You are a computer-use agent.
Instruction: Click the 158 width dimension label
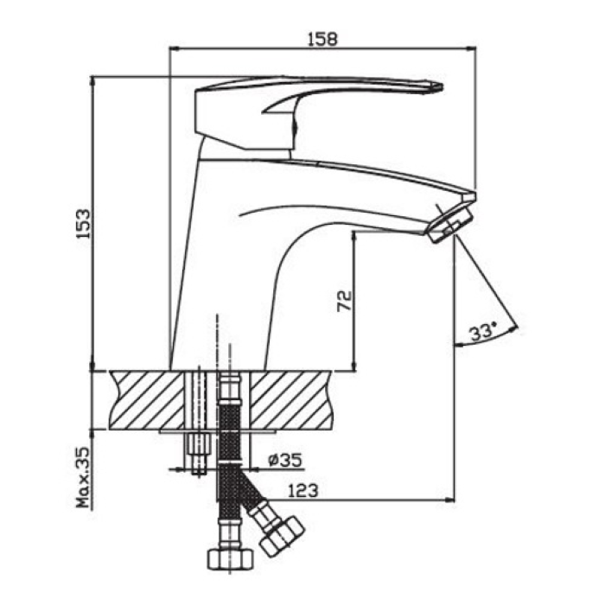pyautogui.click(x=322, y=39)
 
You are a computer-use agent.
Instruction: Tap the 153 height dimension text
pyautogui.click(x=83, y=224)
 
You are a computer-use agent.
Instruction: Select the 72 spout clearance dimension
pyautogui.click(x=345, y=301)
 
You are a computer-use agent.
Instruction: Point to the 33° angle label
pyautogui.click(x=482, y=331)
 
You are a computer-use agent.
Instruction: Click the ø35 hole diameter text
pyautogui.click(x=285, y=460)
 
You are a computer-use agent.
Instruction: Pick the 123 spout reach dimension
pyautogui.click(x=303, y=490)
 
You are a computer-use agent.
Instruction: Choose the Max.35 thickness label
pyautogui.click(x=83, y=477)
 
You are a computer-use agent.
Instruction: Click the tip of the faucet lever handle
pyautogui.click(x=443, y=86)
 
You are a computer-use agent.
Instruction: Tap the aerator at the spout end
pyautogui.click(x=449, y=226)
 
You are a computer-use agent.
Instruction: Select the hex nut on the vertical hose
pyautogui.click(x=231, y=559)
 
